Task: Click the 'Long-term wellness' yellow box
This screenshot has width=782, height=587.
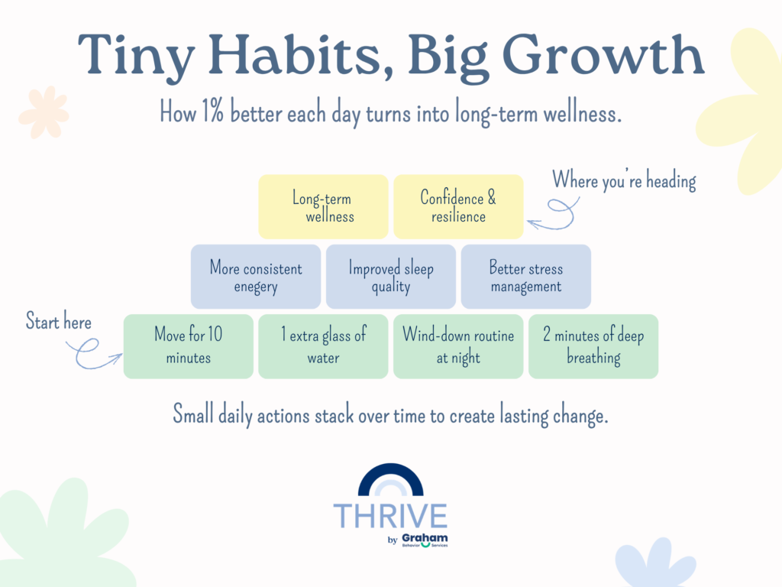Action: (x=323, y=206)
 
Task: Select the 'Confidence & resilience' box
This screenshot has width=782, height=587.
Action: (x=458, y=206)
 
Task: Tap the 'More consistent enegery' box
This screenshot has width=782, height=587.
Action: (x=256, y=277)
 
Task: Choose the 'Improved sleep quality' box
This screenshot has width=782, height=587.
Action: (x=391, y=277)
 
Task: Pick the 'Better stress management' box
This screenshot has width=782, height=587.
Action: (x=526, y=277)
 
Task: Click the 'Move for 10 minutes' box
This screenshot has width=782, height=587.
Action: (x=189, y=346)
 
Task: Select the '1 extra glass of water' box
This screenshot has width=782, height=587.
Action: (x=323, y=346)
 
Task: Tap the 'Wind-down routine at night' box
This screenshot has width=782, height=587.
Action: (x=458, y=346)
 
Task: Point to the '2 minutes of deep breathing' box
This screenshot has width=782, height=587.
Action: (x=593, y=346)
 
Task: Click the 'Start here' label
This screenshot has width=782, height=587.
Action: (x=59, y=321)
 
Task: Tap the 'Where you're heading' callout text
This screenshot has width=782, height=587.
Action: (x=624, y=180)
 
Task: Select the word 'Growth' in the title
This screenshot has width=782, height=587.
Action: (x=603, y=55)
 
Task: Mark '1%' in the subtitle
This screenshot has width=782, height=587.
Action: (x=212, y=111)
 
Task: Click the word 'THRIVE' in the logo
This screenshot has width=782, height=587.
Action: (x=390, y=516)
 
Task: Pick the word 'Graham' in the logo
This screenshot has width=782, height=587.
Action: (x=425, y=538)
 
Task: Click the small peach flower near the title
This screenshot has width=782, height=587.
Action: (x=44, y=112)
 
